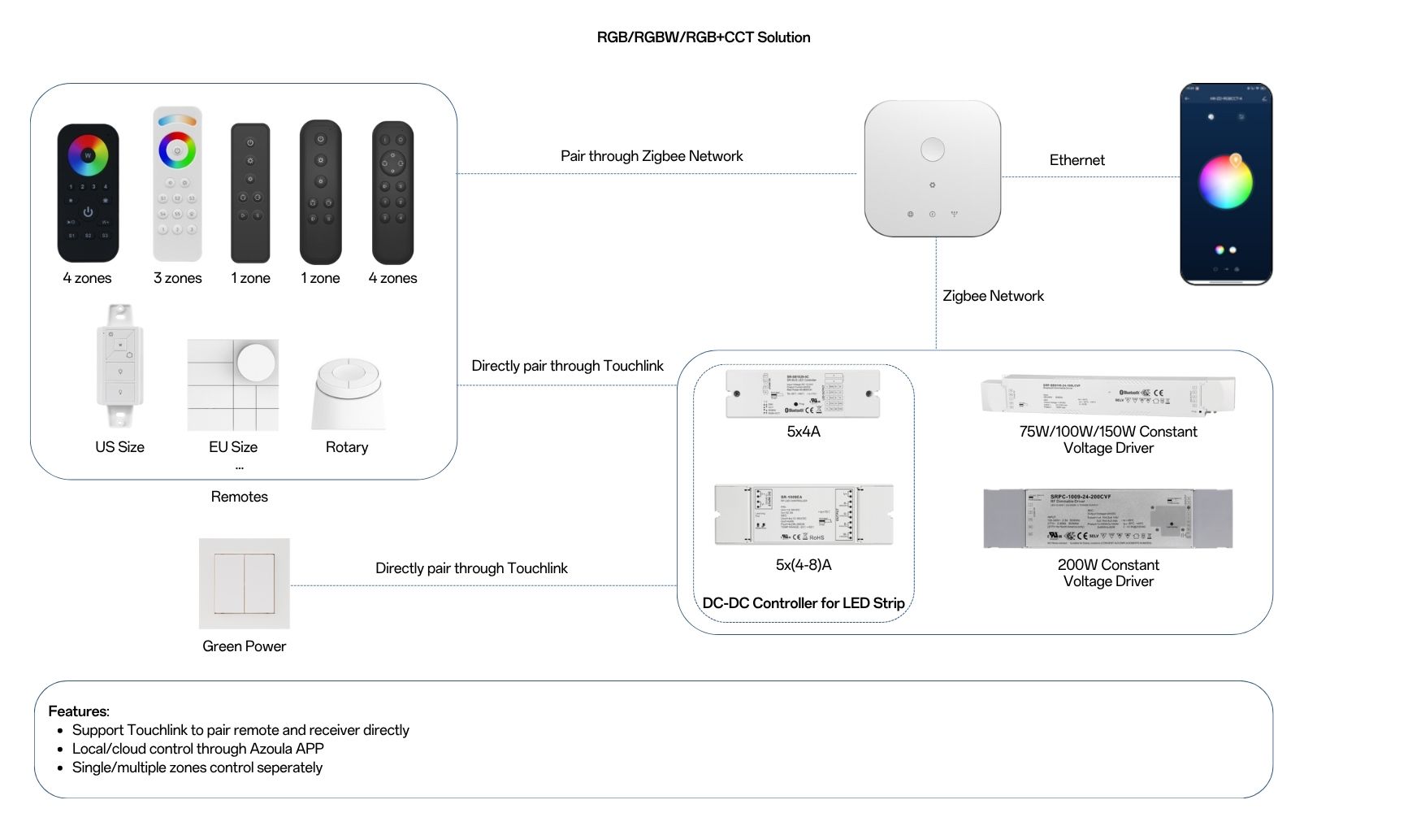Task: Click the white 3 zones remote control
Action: point(177,185)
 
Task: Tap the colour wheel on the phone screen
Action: point(1226,182)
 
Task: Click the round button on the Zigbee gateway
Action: point(932,150)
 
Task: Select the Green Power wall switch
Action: point(245,583)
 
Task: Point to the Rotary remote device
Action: point(348,393)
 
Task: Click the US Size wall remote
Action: point(120,365)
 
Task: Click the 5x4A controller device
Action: point(803,393)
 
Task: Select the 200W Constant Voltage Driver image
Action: point(1107,519)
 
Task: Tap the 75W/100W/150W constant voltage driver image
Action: point(1107,393)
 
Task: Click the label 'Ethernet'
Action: point(1077,160)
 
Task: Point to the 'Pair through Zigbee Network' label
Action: point(652,156)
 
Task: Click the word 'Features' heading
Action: point(78,711)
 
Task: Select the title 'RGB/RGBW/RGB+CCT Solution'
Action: point(704,37)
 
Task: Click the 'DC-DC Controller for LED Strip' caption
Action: point(803,603)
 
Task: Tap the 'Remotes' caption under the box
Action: point(239,497)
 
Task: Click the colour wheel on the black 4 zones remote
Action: point(88,154)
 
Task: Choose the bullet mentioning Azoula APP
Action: point(197,749)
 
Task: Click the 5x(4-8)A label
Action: point(803,565)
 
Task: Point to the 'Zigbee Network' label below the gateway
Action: point(993,296)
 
